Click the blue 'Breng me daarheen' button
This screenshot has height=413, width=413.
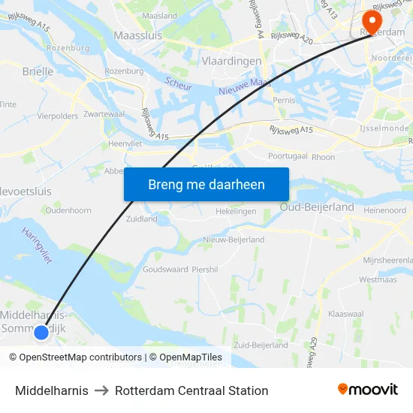tap(206, 185)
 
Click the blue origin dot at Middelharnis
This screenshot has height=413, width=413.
tap(41, 331)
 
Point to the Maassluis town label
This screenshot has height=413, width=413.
tap(138, 35)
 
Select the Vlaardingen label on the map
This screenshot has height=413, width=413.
tap(231, 61)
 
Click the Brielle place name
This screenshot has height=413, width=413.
tap(38, 71)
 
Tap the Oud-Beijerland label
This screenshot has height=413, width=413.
tap(316, 206)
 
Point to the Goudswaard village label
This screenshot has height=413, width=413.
tap(164, 269)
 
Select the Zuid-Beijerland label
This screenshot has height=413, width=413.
tap(261, 345)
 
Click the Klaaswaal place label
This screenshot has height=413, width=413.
tap(346, 313)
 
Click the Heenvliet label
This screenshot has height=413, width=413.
tap(124, 143)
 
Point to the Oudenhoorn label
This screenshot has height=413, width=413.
tap(68, 211)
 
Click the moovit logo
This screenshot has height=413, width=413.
tap(367, 390)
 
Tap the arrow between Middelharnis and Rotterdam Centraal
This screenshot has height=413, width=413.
tap(101, 390)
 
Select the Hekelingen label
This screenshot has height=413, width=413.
tap(236, 212)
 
